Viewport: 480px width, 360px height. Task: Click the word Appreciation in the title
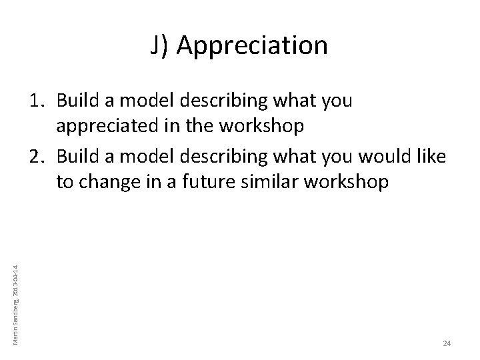coord(253,46)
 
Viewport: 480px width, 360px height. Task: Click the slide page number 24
coord(447,343)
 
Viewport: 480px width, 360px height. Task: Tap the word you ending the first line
coord(337,101)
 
